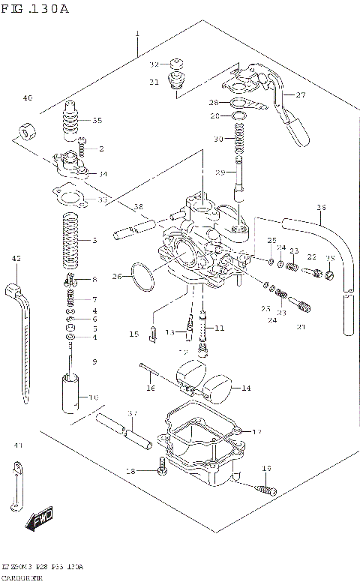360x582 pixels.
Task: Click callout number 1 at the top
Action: click(x=138, y=34)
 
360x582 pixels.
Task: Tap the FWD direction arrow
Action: click(x=38, y=522)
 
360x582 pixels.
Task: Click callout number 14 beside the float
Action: click(x=247, y=388)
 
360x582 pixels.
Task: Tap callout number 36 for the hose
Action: click(x=321, y=207)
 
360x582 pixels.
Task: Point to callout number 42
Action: click(x=15, y=259)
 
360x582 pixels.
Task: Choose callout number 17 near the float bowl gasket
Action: click(x=256, y=432)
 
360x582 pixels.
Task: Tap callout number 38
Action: click(x=138, y=206)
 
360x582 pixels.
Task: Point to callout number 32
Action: click(x=154, y=64)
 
